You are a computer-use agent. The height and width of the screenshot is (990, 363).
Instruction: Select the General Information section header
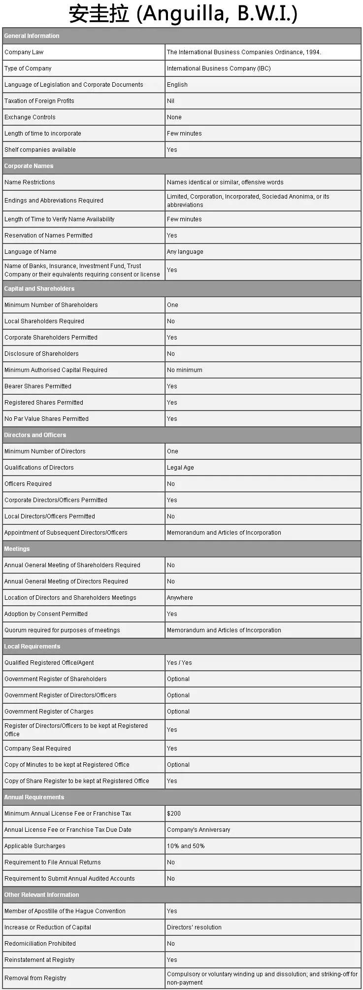click(32, 36)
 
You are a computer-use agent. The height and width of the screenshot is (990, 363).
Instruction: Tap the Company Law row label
click(24, 52)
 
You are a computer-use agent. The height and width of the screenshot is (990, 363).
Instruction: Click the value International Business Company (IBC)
click(219, 68)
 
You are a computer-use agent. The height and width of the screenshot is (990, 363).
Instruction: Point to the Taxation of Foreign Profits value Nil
click(170, 101)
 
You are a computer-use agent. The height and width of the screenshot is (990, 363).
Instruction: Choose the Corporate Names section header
click(29, 166)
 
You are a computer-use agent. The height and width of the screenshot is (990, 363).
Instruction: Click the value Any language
click(185, 252)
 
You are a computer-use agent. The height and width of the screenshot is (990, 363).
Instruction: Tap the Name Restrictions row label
click(30, 182)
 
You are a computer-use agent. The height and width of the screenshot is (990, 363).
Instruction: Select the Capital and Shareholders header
click(39, 289)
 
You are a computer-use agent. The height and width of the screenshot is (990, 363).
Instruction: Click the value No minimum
click(184, 370)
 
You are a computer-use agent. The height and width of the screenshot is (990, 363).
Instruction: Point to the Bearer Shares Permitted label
click(38, 386)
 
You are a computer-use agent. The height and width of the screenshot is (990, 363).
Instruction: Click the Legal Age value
click(180, 468)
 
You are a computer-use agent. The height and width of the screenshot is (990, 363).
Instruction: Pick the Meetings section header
click(17, 549)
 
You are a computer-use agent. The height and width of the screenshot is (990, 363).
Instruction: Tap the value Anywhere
click(180, 598)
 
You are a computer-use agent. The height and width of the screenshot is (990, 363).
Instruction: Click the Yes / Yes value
click(179, 663)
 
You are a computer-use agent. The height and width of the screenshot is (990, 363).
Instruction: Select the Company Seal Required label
click(37, 749)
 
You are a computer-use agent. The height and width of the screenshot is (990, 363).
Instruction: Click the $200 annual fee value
click(174, 814)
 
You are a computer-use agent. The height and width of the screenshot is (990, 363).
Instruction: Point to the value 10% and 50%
click(186, 846)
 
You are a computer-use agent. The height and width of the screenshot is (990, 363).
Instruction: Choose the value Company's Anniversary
click(198, 830)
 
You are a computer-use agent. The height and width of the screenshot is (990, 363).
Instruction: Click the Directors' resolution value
click(194, 927)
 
